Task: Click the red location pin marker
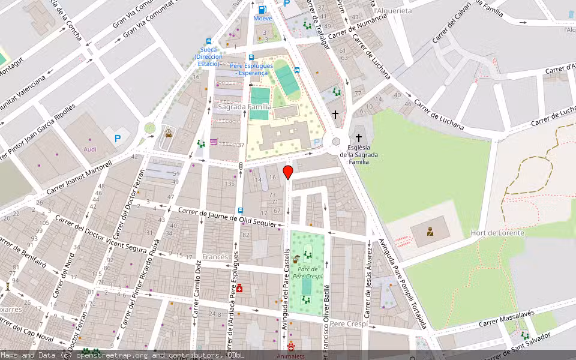coord(288,173)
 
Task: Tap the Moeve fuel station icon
coord(262,10)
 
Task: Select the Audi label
coord(91,149)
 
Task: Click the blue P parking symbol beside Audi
coord(118,139)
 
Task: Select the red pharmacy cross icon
coord(240,289)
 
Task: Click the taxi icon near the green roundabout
coord(169,134)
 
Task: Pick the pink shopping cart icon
coord(214,142)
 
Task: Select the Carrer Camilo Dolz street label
coord(196,290)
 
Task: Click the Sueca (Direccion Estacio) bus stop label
coord(208,57)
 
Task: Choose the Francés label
coord(215,257)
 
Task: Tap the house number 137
coord(239,145)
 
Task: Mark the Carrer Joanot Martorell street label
coord(73,179)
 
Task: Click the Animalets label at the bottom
coord(290,356)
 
